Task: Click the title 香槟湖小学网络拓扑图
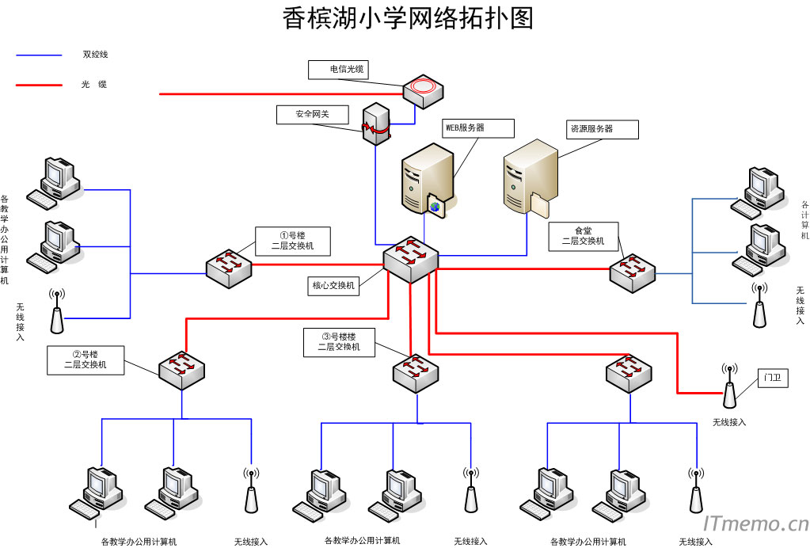[408, 18]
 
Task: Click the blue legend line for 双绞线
[39, 55]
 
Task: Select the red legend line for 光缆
[39, 84]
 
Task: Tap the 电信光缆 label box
[338, 70]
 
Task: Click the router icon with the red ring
[424, 90]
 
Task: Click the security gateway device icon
[376, 123]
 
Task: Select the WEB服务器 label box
[477, 127]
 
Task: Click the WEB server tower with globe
[426, 180]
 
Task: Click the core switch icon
[410, 258]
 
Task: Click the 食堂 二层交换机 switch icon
[633, 272]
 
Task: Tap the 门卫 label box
[772, 378]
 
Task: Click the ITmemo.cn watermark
[755, 523]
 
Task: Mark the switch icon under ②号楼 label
[181, 369]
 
